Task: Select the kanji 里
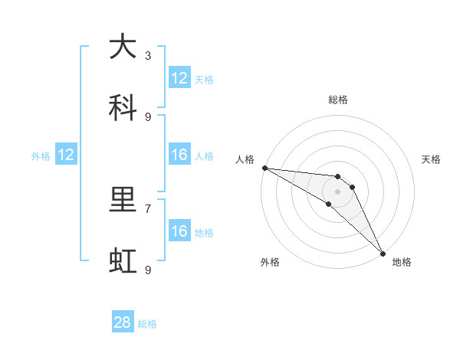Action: pos(123,200)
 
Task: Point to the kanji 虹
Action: pos(123,261)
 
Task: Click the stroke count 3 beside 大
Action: pos(148,55)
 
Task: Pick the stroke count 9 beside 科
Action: pos(148,116)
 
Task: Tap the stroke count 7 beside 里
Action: pos(148,208)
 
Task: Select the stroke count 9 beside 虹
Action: pos(148,270)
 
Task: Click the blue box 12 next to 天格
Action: pos(179,78)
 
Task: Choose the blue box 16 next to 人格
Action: pos(179,155)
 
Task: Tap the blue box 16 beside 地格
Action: pos(179,231)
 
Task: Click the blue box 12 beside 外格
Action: pos(66,155)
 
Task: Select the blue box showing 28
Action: pos(123,323)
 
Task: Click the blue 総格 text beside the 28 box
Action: pos(147,324)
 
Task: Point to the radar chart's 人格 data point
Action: pos(264,168)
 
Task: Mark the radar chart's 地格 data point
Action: pos(382,252)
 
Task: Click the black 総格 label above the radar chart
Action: pos(337,100)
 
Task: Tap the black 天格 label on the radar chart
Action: pos(431,159)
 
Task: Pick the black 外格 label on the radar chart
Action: pos(270,262)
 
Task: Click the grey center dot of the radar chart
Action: pos(337,191)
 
